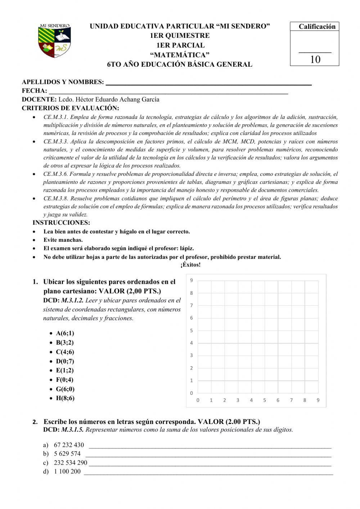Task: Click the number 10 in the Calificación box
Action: tap(315, 59)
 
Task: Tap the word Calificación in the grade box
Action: tap(317, 26)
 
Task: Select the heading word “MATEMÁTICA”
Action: tap(180, 55)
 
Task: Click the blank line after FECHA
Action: tap(168, 91)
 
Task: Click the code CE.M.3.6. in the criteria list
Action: tap(56, 174)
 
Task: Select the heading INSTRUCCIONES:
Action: tap(61, 223)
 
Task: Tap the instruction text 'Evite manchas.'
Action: tap(63, 240)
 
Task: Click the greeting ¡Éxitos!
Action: tap(190, 265)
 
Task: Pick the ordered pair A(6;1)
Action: tap(65, 333)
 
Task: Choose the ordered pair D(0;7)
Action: tap(65, 361)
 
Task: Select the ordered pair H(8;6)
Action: tap(65, 398)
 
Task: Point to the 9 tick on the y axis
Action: tap(192, 280)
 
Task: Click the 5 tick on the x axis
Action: tap(265, 400)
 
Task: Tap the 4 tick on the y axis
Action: tap(192, 343)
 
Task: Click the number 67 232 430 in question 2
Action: tap(69, 445)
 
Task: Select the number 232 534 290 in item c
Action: tap(71, 463)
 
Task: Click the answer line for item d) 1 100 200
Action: tap(208, 473)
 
